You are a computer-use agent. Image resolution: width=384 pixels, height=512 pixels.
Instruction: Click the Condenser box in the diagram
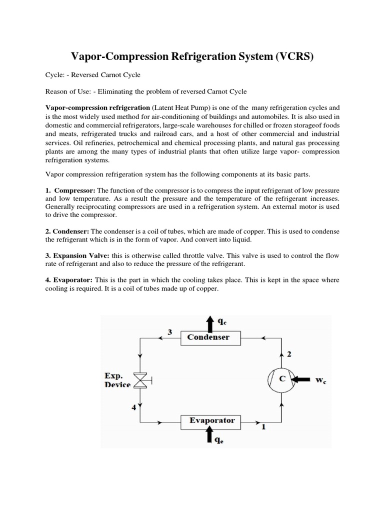pyautogui.click(x=208, y=337)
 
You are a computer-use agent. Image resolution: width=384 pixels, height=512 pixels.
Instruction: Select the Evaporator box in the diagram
pyautogui.click(x=212, y=420)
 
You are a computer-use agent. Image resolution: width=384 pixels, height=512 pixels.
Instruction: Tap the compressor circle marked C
pyautogui.click(x=282, y=379)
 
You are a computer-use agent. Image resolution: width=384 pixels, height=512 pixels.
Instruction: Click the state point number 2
pyautogui.click(x=288, y=354)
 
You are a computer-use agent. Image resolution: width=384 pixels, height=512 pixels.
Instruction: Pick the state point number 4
pyautogui.click(x=133, y=407)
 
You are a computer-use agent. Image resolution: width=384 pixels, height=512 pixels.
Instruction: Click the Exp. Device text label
pyautogui.click(x=117, y=380)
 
